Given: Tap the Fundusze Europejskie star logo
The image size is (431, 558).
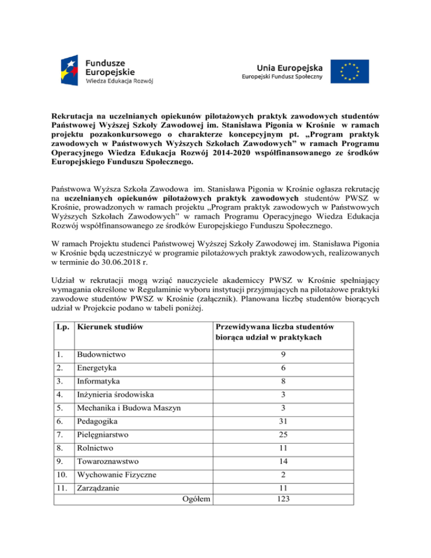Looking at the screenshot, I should [x=70, y=70].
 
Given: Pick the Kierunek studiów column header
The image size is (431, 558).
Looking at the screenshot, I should [x=106, y=326].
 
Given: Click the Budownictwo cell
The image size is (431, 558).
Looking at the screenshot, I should [x=102, y=355].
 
